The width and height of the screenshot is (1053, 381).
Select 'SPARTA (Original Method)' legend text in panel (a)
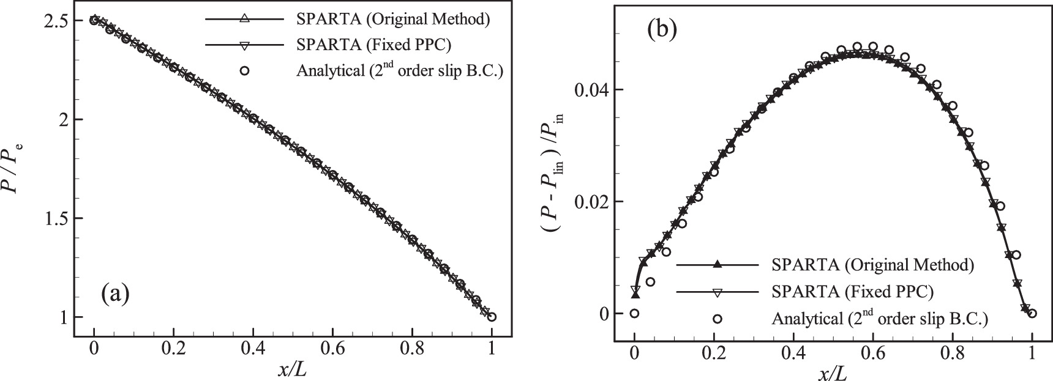point(393,19)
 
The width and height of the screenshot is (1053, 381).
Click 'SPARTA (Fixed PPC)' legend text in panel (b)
point(853,292)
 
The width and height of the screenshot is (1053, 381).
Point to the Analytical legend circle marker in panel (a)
point(244,71)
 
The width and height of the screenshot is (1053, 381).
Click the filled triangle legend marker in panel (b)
point(718,265)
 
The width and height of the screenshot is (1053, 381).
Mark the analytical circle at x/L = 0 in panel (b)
point(635,314)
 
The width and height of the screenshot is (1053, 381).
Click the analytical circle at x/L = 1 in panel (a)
point(492,317)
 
